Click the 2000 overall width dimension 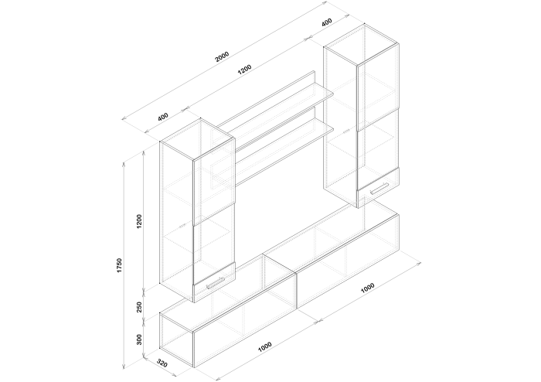[x=222, y=56]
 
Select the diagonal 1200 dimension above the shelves [x=245, y=70]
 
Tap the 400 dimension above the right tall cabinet [x=326, y=22]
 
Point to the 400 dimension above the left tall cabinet [x=162, y=117]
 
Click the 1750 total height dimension [x=119, y=265]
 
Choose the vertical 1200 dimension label [x=139, y=221]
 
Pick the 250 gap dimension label [x=139, y=307]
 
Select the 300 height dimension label [x=139, y=339]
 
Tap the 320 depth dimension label [x=162, y=363]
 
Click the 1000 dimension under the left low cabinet [x=265, y=346]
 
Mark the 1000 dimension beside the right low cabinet [x=367, y=288]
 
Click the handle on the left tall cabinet [x=216, y=283]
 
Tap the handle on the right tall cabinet [x=379, y=189]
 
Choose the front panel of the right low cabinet [x=348, y=261]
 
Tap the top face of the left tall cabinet [x=197, y=139]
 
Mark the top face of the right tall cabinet [x=361, y=45]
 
